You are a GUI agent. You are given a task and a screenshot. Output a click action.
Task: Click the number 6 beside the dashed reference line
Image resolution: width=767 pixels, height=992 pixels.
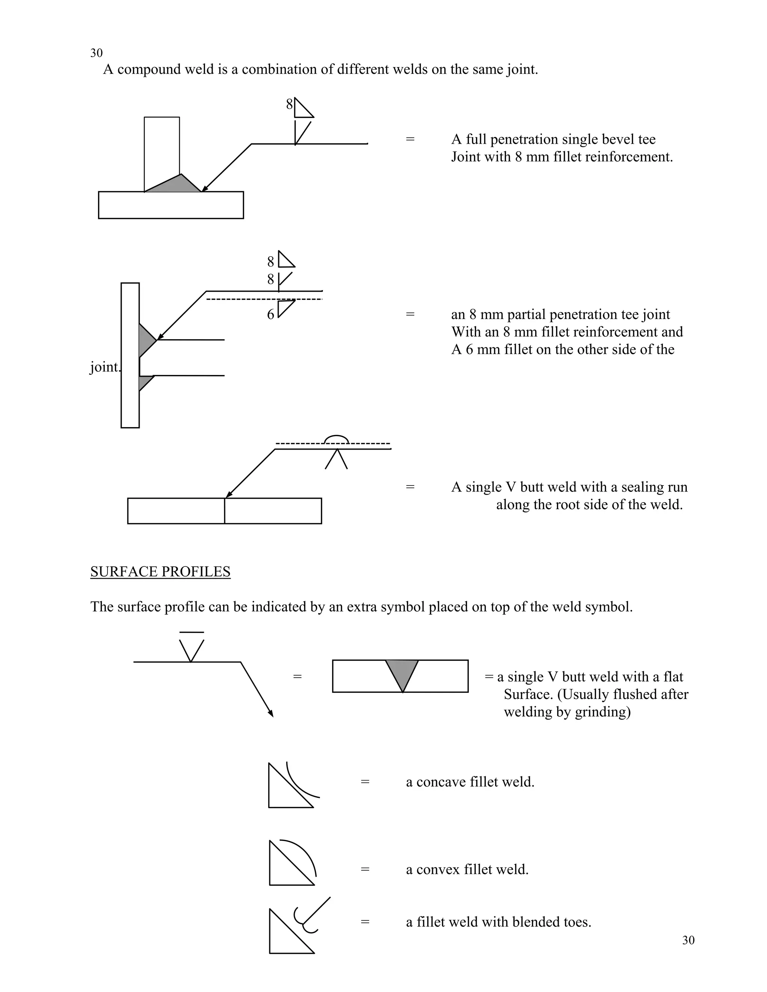point(270,314)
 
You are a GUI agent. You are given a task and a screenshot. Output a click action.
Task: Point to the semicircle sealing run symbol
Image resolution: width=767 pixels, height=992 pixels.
point(337,439)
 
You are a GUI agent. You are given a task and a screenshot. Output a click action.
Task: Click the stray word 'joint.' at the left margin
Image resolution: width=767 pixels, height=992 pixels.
point(104,367)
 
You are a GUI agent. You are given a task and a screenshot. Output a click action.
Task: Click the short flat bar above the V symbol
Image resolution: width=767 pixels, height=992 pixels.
point(191,632)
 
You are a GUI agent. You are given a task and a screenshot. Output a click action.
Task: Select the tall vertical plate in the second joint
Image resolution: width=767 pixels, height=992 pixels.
point(130,355)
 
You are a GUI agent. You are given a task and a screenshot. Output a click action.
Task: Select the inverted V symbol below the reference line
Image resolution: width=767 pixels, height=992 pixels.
point(336,460)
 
